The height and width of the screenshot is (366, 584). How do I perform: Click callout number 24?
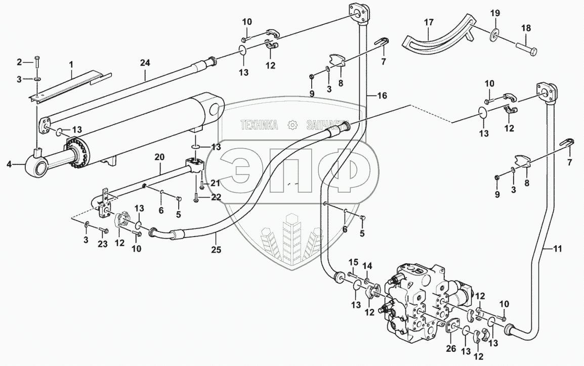pos(145,63)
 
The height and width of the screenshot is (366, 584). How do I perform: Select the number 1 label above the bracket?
pos(71,64)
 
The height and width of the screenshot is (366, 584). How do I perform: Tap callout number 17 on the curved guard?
pos(429,22)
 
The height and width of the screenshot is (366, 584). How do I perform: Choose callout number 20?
pos(159,158)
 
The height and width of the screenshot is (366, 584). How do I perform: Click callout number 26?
pos(451,349)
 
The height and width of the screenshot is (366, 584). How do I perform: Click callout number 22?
pos(216,197)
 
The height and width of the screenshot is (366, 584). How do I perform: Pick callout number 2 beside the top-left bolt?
pos(20,62)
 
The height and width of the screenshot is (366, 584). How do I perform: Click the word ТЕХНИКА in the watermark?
pos(260,124)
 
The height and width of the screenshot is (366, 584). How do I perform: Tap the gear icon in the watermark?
pos(291,124)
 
